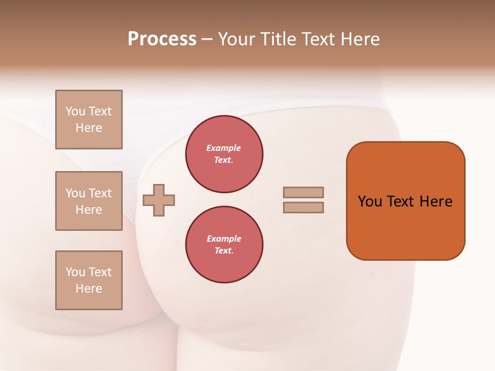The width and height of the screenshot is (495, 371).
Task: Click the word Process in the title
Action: [162, 39]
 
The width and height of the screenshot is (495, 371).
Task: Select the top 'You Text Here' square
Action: [89, 120]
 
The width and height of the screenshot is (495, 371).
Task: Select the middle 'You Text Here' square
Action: [89, 201]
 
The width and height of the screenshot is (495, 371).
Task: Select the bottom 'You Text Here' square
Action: [89, 280]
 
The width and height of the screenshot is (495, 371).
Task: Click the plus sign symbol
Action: [159, 200]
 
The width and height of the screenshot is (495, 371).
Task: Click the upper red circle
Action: [224, 154]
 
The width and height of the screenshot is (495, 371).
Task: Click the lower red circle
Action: [224, 245]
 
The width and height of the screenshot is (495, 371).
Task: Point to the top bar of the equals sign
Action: [303, 192]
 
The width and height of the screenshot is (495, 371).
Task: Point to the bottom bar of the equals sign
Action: [303, 208]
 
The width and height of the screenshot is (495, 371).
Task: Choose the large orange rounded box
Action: [406, 201]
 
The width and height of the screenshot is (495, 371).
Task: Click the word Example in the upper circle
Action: [224, 148]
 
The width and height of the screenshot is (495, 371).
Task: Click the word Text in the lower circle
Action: [223, 251]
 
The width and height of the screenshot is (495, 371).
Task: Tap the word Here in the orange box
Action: [436, 201]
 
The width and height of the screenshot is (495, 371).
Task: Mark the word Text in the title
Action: [317, 39]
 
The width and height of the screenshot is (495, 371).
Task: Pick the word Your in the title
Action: [237, 39]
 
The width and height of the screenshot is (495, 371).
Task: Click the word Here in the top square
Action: [89, 128]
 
